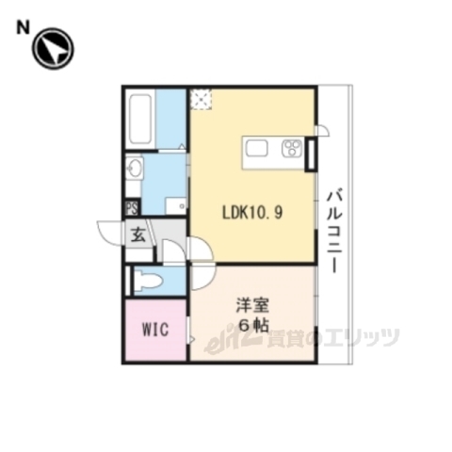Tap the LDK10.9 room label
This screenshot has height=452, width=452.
click(x=251, y=211)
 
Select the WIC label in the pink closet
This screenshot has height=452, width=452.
click(x=155, y=331)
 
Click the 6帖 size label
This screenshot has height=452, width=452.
click(x=251, y=325)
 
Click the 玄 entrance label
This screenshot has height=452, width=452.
click(x=138, y=235)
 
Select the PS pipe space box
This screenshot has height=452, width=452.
click(x=132, y=208)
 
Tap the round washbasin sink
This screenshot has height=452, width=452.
click(x=134, y=170)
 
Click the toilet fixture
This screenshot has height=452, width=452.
click(x=147, y=280)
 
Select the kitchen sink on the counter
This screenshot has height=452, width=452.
click(x=259, y=147)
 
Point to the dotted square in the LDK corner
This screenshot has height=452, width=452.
click(x=200, y=98)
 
